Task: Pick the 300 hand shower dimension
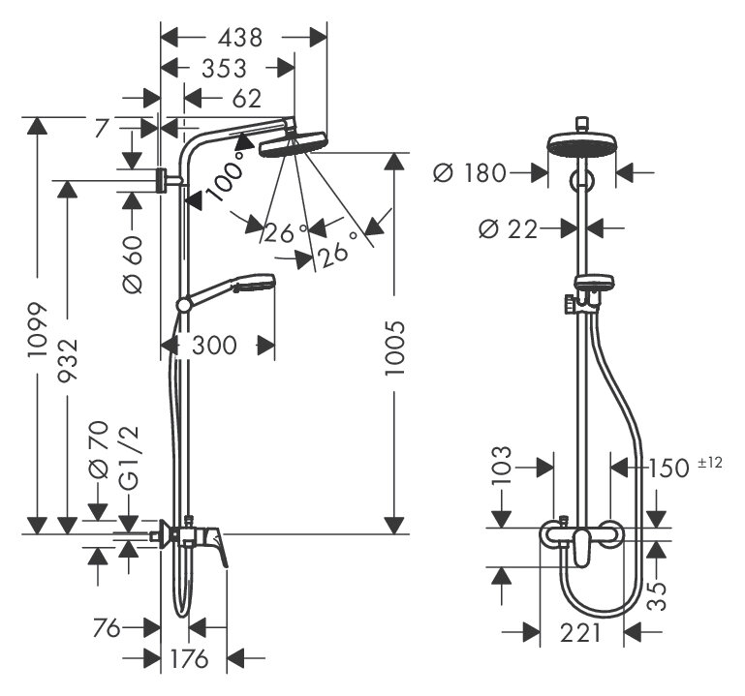tap(213, 345)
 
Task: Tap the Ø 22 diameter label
tap(509, 229)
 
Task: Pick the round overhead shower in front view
tap(581, 146)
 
